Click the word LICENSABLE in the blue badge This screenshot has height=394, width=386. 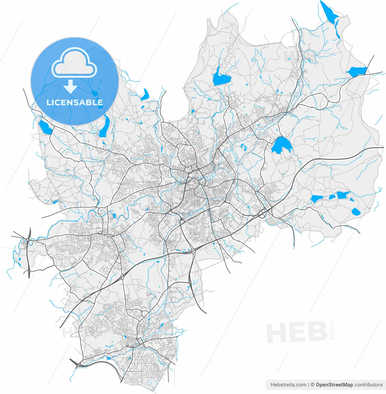(x=74, y=103)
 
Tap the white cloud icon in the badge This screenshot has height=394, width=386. (x=74, y=63)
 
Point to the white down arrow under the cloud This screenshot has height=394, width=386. (x=70, y=86)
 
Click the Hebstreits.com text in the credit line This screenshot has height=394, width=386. (x=288, y=385)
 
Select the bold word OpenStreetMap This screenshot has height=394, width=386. (x=334, y=385)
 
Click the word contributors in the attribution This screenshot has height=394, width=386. (x=368, y=385)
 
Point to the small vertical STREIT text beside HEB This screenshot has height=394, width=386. (x=332, y=330)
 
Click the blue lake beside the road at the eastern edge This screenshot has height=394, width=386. (x=357, y=72)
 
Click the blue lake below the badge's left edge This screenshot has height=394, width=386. (x=45, y=127)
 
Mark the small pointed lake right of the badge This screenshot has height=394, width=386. (x=145, y=95)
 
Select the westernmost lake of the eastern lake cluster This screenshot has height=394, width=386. (x=316, y=199)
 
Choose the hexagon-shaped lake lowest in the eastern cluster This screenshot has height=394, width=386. (x=356, y=211)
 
